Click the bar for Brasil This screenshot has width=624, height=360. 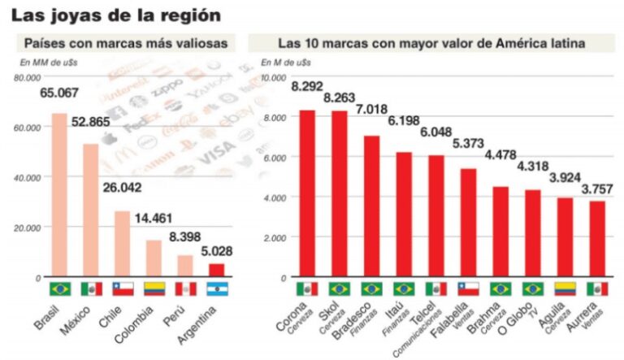coord(59,195)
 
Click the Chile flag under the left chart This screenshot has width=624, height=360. coord(123,288)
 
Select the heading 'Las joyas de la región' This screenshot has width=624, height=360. coord(115,15)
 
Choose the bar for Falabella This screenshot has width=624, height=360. coord(469,223)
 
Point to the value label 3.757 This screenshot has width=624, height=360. coord(596,189)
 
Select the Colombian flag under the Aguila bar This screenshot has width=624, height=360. coord(565,288)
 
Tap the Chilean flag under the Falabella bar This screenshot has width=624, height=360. coord(469,288)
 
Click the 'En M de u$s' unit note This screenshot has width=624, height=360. coord(285,63)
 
